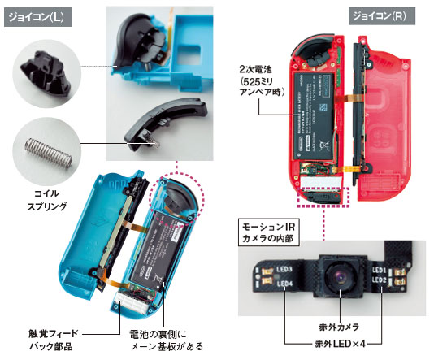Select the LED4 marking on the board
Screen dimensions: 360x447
(284, 284)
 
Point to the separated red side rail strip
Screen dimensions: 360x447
(358, 114)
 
